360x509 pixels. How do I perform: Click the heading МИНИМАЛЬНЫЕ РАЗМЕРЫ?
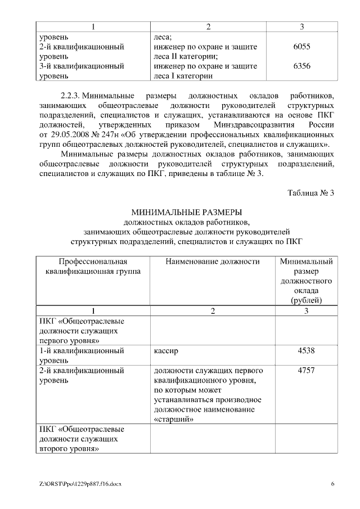pyautogui.click(x=186, y=212)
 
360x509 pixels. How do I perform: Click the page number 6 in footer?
pyautogui.click(x=332, y=484)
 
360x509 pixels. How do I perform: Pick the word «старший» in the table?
pyautogui.click(x=173, y=419)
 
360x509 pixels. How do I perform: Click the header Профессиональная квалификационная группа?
pyautogui.click(x=93, y=265)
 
